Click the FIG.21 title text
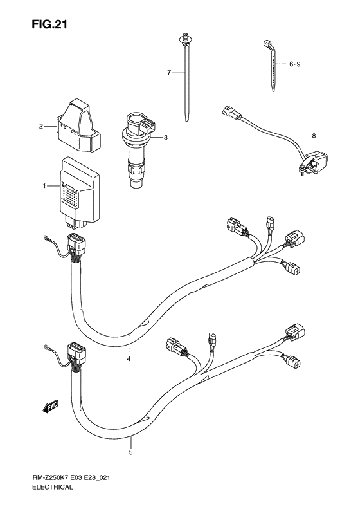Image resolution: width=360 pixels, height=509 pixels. point(50,24)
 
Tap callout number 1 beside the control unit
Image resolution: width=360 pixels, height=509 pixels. point(44,186)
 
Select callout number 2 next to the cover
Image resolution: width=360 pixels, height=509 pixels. point(41,126)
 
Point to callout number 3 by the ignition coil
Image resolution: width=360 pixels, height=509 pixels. point(166,138)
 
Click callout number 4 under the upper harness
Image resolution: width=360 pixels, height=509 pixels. point(129,359)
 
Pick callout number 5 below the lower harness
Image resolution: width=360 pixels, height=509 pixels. point(130,452)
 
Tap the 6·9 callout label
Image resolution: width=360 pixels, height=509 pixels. point(294,64)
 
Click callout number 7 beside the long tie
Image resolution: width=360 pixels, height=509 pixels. point(169,73)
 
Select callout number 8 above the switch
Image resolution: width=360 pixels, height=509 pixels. point(314,136)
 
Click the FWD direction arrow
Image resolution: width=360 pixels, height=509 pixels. point(50,406)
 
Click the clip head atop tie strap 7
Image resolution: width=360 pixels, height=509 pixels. point(185,39)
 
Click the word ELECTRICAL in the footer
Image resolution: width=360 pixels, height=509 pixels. point(52,496)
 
